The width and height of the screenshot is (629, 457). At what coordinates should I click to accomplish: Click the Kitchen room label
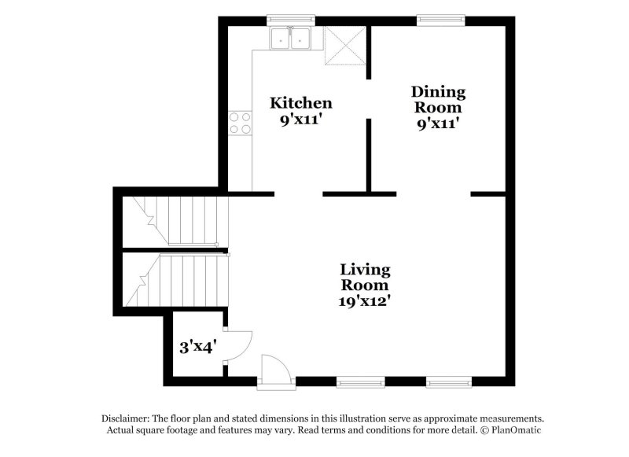coord(300,103)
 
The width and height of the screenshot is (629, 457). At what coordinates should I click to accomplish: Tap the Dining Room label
coord(438,100)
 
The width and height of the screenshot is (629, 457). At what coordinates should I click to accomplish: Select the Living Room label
coord(365,278)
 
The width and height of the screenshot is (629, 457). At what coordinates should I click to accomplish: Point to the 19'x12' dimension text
coord(365,300)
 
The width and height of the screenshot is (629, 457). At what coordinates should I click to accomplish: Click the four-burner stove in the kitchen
coord(241,123)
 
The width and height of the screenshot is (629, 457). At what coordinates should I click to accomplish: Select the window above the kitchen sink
coord(291,17)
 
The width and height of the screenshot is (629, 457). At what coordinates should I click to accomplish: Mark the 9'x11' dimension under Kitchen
coord(300,121)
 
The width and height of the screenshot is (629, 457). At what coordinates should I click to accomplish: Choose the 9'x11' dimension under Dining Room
coord(437,123)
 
